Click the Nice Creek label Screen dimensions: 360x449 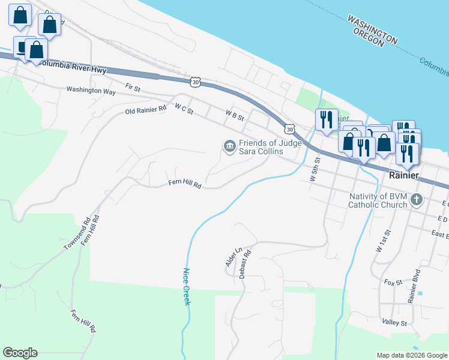coord(186,287)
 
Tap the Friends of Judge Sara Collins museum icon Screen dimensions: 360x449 coord(229,146)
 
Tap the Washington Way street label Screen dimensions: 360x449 coord(91,91)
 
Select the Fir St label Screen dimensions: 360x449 coord(132,88)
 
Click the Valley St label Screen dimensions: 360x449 coord(394,323)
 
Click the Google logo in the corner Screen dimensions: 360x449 coord(20,353)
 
